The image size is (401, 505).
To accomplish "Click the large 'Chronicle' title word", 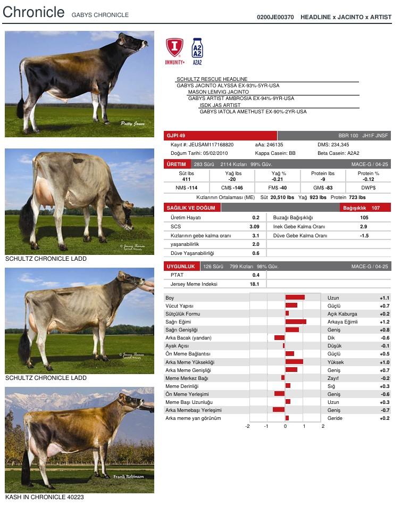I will coord(34,12).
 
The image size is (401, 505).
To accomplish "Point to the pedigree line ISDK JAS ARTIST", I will coord(220,105).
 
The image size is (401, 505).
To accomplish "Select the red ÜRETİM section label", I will coord(177,164).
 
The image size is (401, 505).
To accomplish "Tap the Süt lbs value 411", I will coord(186,179).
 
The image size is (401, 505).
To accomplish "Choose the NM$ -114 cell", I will coord(186,188).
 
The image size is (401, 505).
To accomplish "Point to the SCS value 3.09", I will coord(254,227).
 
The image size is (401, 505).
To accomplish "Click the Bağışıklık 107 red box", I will coord(366,208).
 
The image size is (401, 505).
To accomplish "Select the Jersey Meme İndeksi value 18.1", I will coord(254,284).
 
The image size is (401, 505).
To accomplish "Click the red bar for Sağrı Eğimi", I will coord(296,322).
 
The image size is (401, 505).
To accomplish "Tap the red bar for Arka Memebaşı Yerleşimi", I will coord(279,410).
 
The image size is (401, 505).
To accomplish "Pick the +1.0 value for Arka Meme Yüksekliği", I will coord(385,362).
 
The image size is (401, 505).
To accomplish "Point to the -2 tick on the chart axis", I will coord(247,426).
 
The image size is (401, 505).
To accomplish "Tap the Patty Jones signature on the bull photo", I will coord(132,123).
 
